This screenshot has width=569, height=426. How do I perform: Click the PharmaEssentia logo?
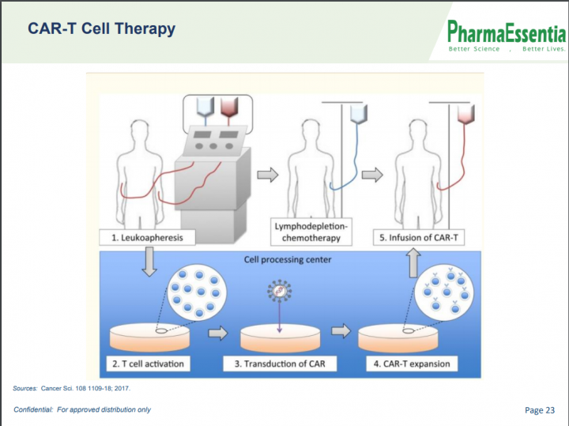tap(507, 36)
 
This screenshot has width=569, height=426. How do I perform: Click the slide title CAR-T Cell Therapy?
tap(102, 29)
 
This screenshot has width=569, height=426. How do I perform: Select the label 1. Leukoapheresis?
tap(147, 238)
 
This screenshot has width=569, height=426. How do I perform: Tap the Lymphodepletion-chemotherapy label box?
tap(311, 232)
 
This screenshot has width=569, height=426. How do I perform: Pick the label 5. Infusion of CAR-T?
tap(419, 238)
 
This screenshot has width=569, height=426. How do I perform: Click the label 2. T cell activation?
tap(148, 364)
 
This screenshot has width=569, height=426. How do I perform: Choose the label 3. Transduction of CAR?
tap(280, 364)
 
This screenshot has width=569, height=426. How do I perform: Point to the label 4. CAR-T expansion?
tap(412, 364)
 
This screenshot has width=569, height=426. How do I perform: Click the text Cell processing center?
tap(288, 259)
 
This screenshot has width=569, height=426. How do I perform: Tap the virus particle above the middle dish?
tap(280, 290)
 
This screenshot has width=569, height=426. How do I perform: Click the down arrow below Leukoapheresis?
tap(149, 262)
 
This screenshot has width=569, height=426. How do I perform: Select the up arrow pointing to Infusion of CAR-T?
tap(413, 262)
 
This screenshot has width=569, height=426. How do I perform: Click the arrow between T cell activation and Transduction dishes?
tap(218, 333)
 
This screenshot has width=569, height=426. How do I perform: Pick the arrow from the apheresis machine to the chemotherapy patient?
tap(268, 175)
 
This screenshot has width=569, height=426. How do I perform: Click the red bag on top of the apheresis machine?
tap(229, 106)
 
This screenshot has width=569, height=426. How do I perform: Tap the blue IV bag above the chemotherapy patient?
tap(359, 114)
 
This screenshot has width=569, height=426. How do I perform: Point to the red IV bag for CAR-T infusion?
tap(466, 114)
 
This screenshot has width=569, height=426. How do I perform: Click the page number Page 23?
tap(540, 410)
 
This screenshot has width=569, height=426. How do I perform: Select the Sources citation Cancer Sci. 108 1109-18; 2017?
tap(85, 388)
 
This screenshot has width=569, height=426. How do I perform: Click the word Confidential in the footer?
tap(33, 409)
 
